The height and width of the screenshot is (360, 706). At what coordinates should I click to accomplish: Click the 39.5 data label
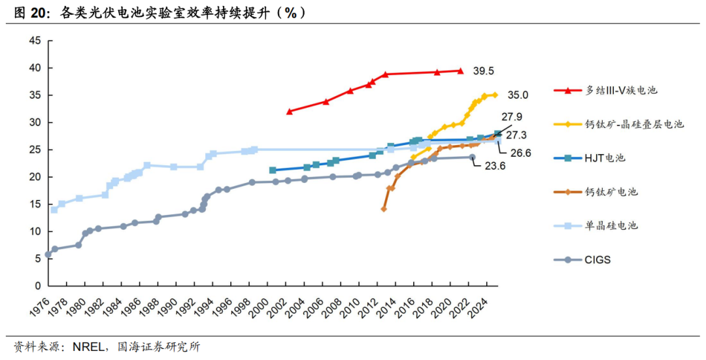[484, 71]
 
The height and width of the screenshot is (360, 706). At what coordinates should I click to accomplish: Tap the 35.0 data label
[518, 95]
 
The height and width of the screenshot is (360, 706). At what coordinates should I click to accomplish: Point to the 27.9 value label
[512, 118]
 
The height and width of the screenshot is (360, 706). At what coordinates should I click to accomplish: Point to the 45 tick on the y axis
[35, 41]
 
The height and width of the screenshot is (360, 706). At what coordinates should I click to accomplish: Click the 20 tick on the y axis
[35, 177]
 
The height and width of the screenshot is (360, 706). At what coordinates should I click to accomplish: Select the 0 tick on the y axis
[38, 286]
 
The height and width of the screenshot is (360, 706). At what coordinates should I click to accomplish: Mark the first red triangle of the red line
[290, 112]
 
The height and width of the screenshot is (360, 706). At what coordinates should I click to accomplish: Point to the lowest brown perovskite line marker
[384, 209]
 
